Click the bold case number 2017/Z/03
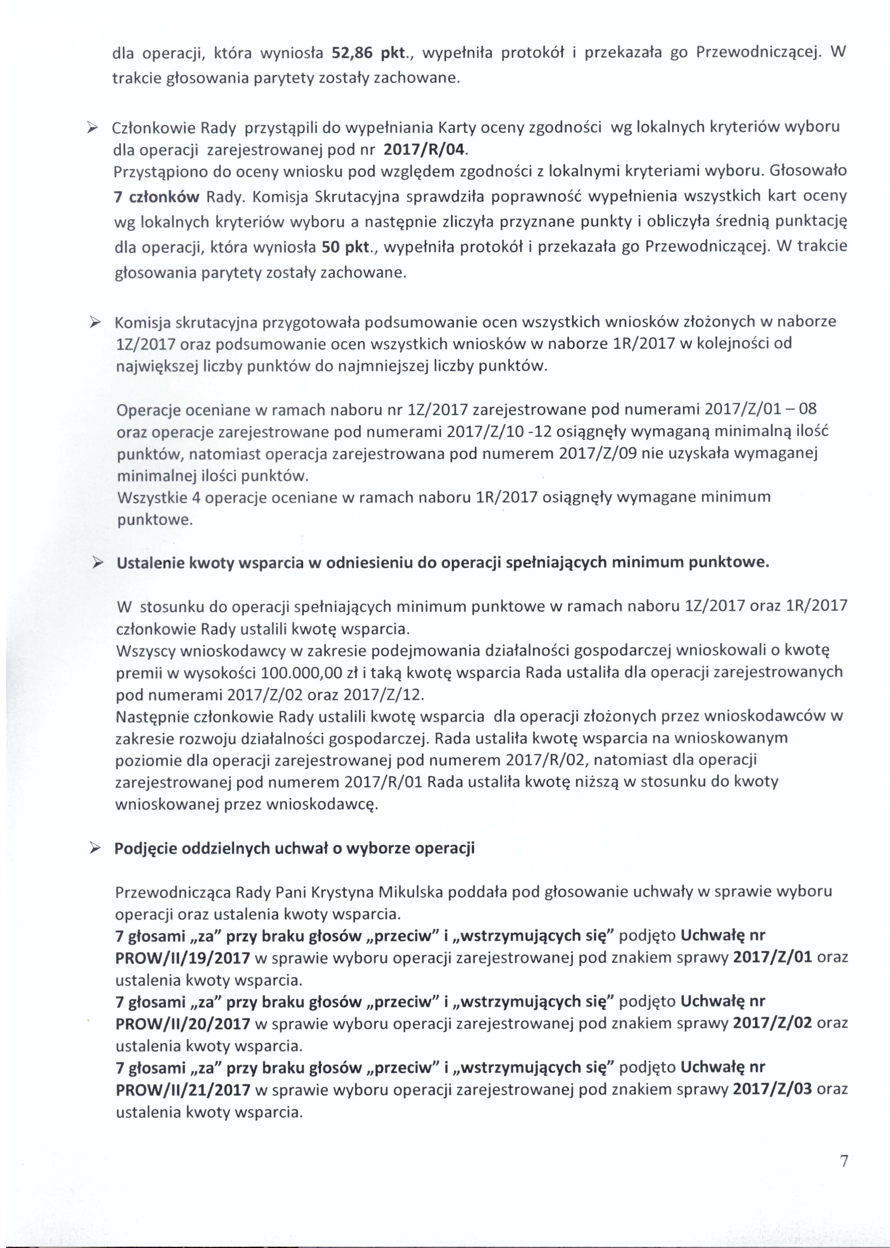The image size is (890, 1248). [x=772, y=1089]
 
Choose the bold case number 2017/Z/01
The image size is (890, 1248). [x=772, y=958]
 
